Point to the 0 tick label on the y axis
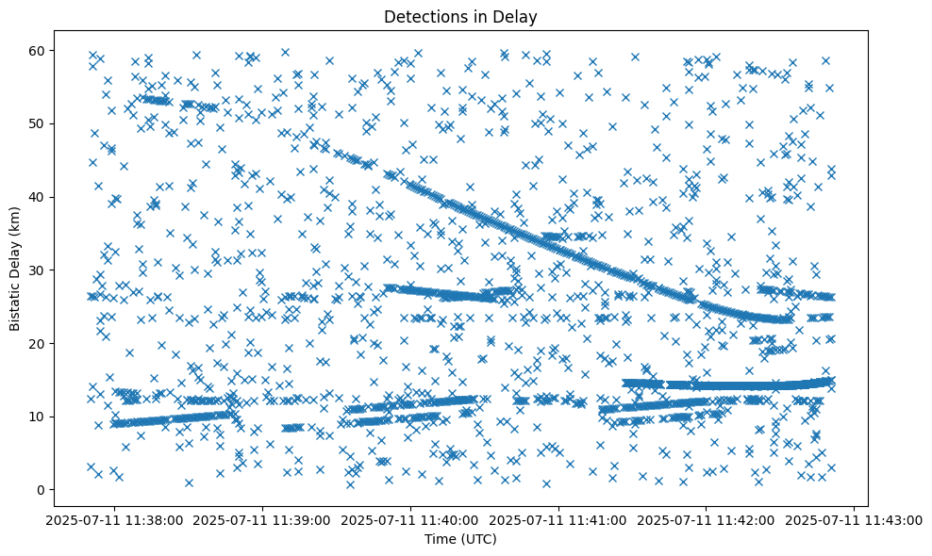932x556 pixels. (x=40, y=490)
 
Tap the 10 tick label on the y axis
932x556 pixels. (x=36, y=417)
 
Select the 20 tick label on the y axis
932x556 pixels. (x=36, y=343)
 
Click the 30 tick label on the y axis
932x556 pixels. (x=36, y=270)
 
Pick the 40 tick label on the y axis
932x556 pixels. (x=36, y=197)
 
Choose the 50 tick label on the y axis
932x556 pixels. (x=36, y=123)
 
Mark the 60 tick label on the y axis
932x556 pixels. (x=36, y=50)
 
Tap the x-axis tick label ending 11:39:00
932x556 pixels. (x=263, y=519)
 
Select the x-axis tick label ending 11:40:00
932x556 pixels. (x=411, y=519)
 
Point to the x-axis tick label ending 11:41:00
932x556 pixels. (x=559, y=519)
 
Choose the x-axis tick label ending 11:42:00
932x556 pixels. (x=707, y=519)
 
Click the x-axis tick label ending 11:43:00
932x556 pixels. (x=855, y=519)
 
